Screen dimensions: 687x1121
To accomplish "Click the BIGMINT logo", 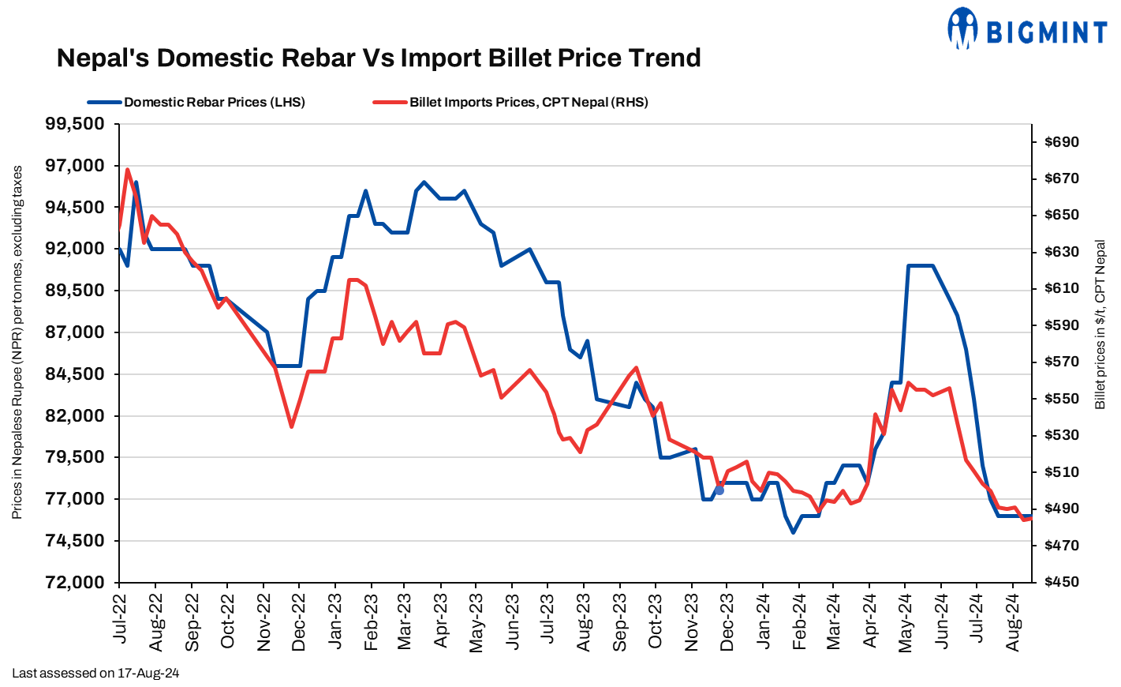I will [1027, 30].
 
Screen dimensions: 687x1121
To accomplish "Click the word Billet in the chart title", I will [522, 58].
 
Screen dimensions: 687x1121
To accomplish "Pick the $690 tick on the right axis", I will [1061, 142].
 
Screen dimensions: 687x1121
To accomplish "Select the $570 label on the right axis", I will [1061, 362].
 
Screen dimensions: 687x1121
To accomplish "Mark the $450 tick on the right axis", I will [1061, 582].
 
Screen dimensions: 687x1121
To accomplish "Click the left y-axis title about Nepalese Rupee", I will [17, 342].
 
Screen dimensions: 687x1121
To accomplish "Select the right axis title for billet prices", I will [1100, 325].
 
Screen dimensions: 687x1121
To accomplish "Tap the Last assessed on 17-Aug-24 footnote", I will [95, 674].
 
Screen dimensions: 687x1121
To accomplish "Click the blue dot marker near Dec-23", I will [719, 490].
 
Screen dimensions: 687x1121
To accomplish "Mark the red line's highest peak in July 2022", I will [128, 169].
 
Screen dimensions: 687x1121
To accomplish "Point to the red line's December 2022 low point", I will [291, 427].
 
